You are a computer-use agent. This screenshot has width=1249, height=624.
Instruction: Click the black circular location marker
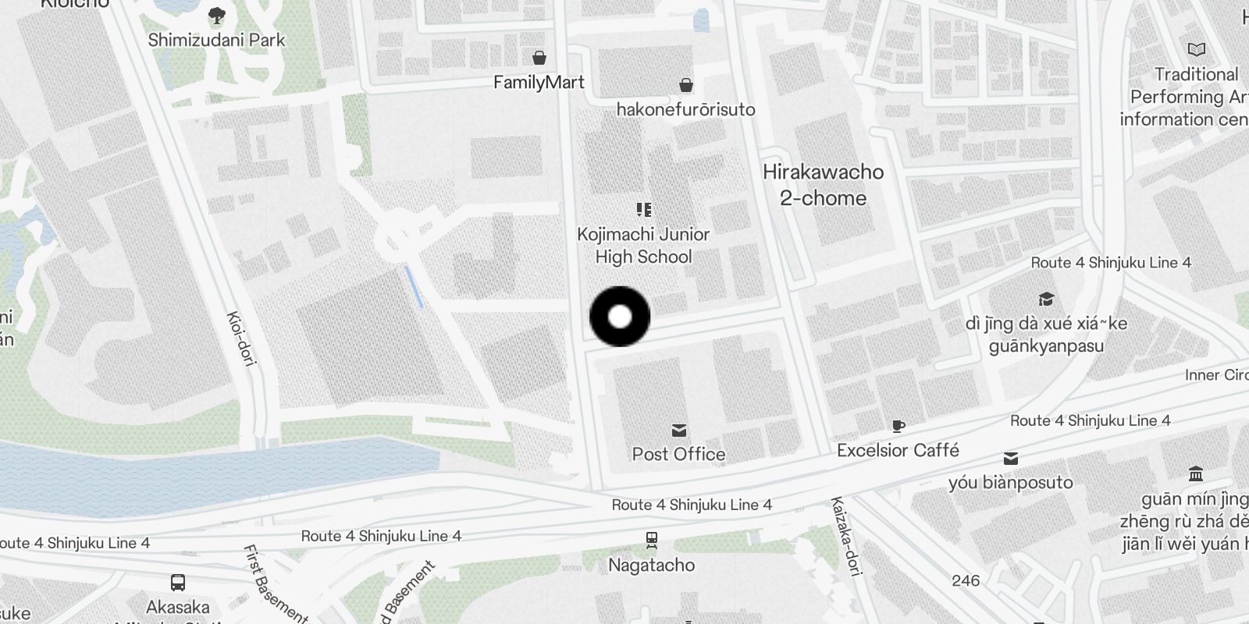620,317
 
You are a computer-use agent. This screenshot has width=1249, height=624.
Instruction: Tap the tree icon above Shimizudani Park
217,16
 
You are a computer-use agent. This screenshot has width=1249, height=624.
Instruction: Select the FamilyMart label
539,82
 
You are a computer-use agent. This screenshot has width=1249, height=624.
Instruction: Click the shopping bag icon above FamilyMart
539,58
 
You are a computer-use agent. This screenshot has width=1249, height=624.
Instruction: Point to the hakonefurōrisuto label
685,109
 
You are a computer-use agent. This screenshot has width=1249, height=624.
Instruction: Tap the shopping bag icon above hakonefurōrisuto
685,84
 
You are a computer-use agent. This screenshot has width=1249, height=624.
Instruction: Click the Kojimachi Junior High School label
643,245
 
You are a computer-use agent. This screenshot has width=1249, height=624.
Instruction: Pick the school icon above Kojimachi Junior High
643,209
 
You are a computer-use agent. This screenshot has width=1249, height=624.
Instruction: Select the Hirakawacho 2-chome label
823,185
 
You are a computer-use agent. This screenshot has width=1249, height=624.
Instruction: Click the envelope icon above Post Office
679,431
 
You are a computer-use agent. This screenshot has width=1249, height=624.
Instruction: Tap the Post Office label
678,454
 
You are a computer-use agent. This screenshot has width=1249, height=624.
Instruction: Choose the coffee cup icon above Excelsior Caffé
898,426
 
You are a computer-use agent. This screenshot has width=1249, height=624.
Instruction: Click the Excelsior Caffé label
898,450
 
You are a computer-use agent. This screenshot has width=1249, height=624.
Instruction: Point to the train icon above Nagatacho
651,540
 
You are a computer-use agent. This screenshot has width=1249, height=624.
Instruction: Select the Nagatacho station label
651,565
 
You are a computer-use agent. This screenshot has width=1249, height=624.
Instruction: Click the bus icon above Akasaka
178,583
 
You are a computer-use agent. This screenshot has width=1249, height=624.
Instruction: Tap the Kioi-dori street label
241,339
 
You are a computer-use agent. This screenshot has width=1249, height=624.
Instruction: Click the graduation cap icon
1046,300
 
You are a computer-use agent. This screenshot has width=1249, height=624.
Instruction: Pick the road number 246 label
966,580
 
